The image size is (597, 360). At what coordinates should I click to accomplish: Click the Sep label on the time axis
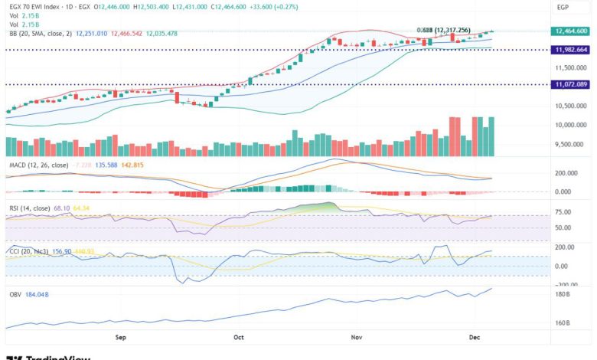pos(120,336)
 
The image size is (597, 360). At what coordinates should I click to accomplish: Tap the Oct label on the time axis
pos(238,336)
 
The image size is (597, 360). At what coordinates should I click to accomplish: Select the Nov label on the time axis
pos(356,336)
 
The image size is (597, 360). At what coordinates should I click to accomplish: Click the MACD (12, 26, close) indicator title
pos(38,165)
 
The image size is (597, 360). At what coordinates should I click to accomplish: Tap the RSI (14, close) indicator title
pos(28,208)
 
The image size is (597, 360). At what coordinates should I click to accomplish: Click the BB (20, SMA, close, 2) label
pos(41,33)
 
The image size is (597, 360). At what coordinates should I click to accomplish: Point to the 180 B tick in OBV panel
pos(563,294)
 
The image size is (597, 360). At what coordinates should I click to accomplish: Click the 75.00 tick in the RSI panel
pos(563,211)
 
